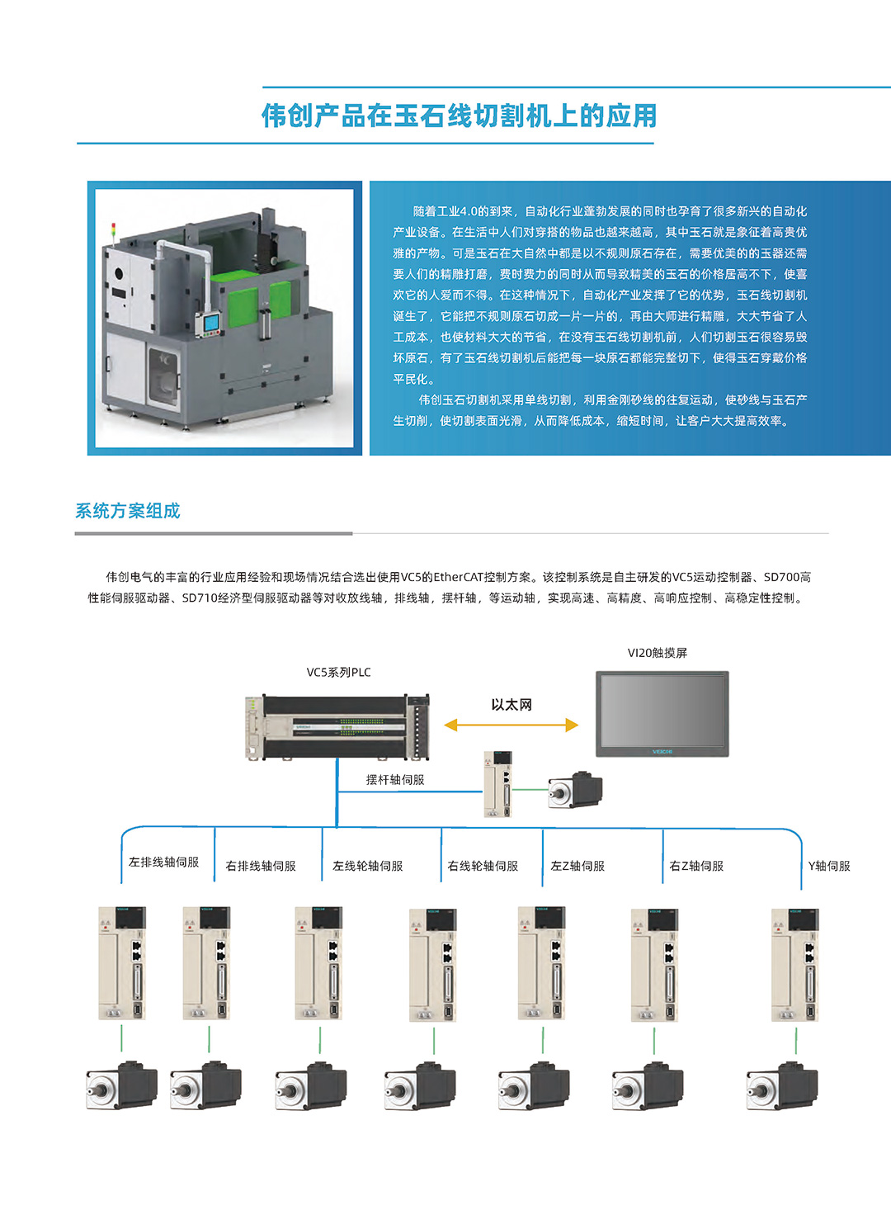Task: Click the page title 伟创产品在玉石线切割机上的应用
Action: click(x=459, y=116)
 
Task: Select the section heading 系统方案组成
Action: click(x=128, y=511)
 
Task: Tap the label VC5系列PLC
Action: click(x=338, y=673)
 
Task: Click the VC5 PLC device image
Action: click(x=337, y=726)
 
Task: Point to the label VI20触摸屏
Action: click(x=657, y=653)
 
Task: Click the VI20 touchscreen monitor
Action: click(x=662, y=714)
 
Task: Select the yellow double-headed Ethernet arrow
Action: click(x=511, y=726)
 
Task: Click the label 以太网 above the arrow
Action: click(x=511, y=705)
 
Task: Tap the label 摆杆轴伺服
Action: click(x=394, y=780)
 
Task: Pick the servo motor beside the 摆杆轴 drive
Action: click(x=576, y=790)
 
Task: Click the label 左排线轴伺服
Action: click(x=163, y=862)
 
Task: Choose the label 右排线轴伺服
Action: click(x=261, y=866)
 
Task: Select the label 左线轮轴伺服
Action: click(x=367, y=866)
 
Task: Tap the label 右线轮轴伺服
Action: click(x=483, y=866)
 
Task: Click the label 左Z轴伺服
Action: click(x=577, y=866)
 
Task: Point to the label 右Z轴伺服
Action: click(x=696, y=866)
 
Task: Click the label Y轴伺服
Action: click(x=828, y=866)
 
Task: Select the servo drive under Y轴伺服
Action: click(x=794, y=965)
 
